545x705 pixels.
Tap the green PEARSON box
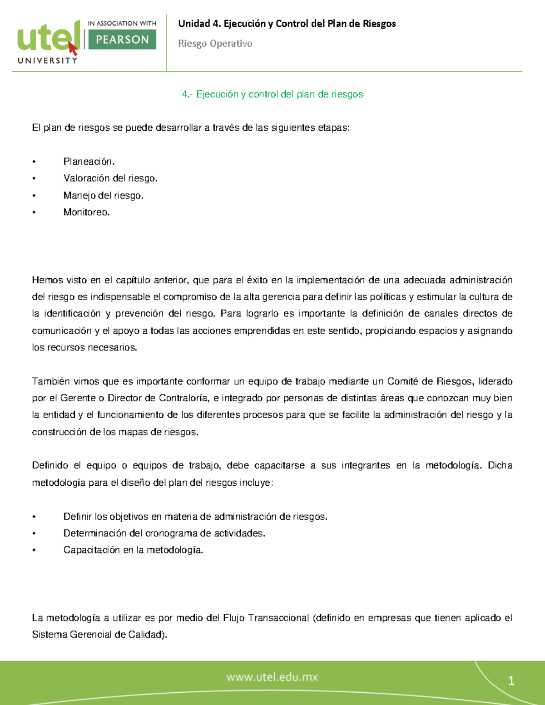pos(122,39)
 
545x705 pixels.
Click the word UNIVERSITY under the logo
pos(47,60)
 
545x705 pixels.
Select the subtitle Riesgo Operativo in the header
pos(215,44)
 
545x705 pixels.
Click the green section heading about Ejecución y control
pos(272,94)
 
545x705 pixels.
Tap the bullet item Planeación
pos(89,162)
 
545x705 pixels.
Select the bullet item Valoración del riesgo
pos(110,178)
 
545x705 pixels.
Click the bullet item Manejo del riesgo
pos(103,196)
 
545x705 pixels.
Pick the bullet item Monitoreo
pos(86,212)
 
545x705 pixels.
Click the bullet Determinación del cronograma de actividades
pos(164,533)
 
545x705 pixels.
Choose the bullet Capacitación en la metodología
pos(133,550)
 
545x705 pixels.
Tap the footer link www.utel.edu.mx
pos(272,677)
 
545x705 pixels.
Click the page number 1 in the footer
pos(511,681)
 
